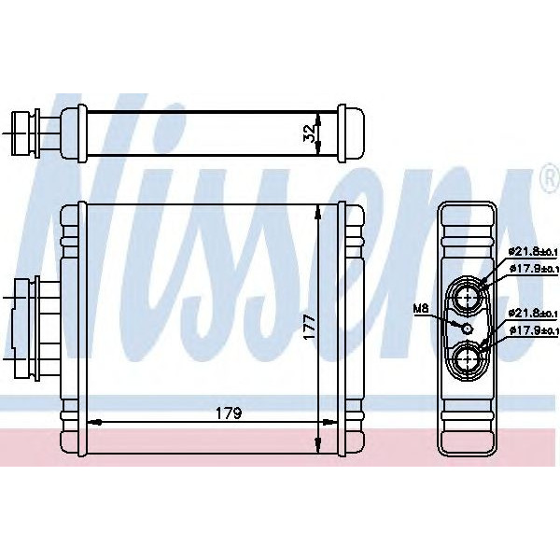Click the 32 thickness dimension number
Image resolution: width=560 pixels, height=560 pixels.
(x=309, y=133)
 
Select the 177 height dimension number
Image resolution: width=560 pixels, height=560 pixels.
(x=309, y=327)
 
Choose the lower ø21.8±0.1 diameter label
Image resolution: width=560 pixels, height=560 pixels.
(x=532, y=313)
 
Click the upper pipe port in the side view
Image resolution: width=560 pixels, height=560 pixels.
(x=468, y=298)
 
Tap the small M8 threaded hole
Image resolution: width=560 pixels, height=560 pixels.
(x=466, y=327)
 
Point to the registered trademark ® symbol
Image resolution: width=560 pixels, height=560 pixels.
(x=547, y=178)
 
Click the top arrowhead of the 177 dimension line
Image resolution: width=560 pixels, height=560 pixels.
(x=319, y=212)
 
